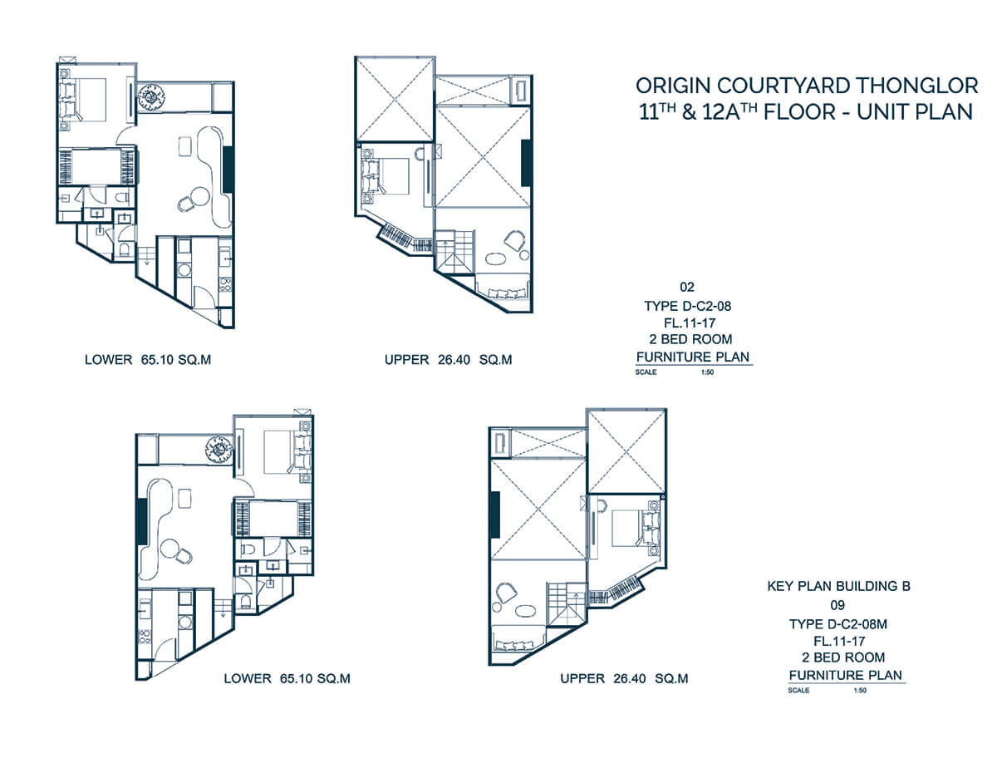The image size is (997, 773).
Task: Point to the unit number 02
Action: (687, 288)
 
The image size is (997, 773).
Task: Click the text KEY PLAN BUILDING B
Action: (838, 587)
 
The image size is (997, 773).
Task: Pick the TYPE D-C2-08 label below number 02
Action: (688, 306)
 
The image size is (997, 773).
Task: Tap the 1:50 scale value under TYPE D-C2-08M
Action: (860, 691)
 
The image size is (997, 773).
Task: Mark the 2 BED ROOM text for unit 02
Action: (690, 339)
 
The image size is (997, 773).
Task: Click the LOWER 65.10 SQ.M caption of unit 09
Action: (287, 678)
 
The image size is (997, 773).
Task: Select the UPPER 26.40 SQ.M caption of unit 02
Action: (448, 360)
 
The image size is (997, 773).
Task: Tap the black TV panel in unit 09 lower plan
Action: (142, 520)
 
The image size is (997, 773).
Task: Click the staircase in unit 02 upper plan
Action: (455, 251)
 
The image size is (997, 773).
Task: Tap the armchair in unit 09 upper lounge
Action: (503, 591)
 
